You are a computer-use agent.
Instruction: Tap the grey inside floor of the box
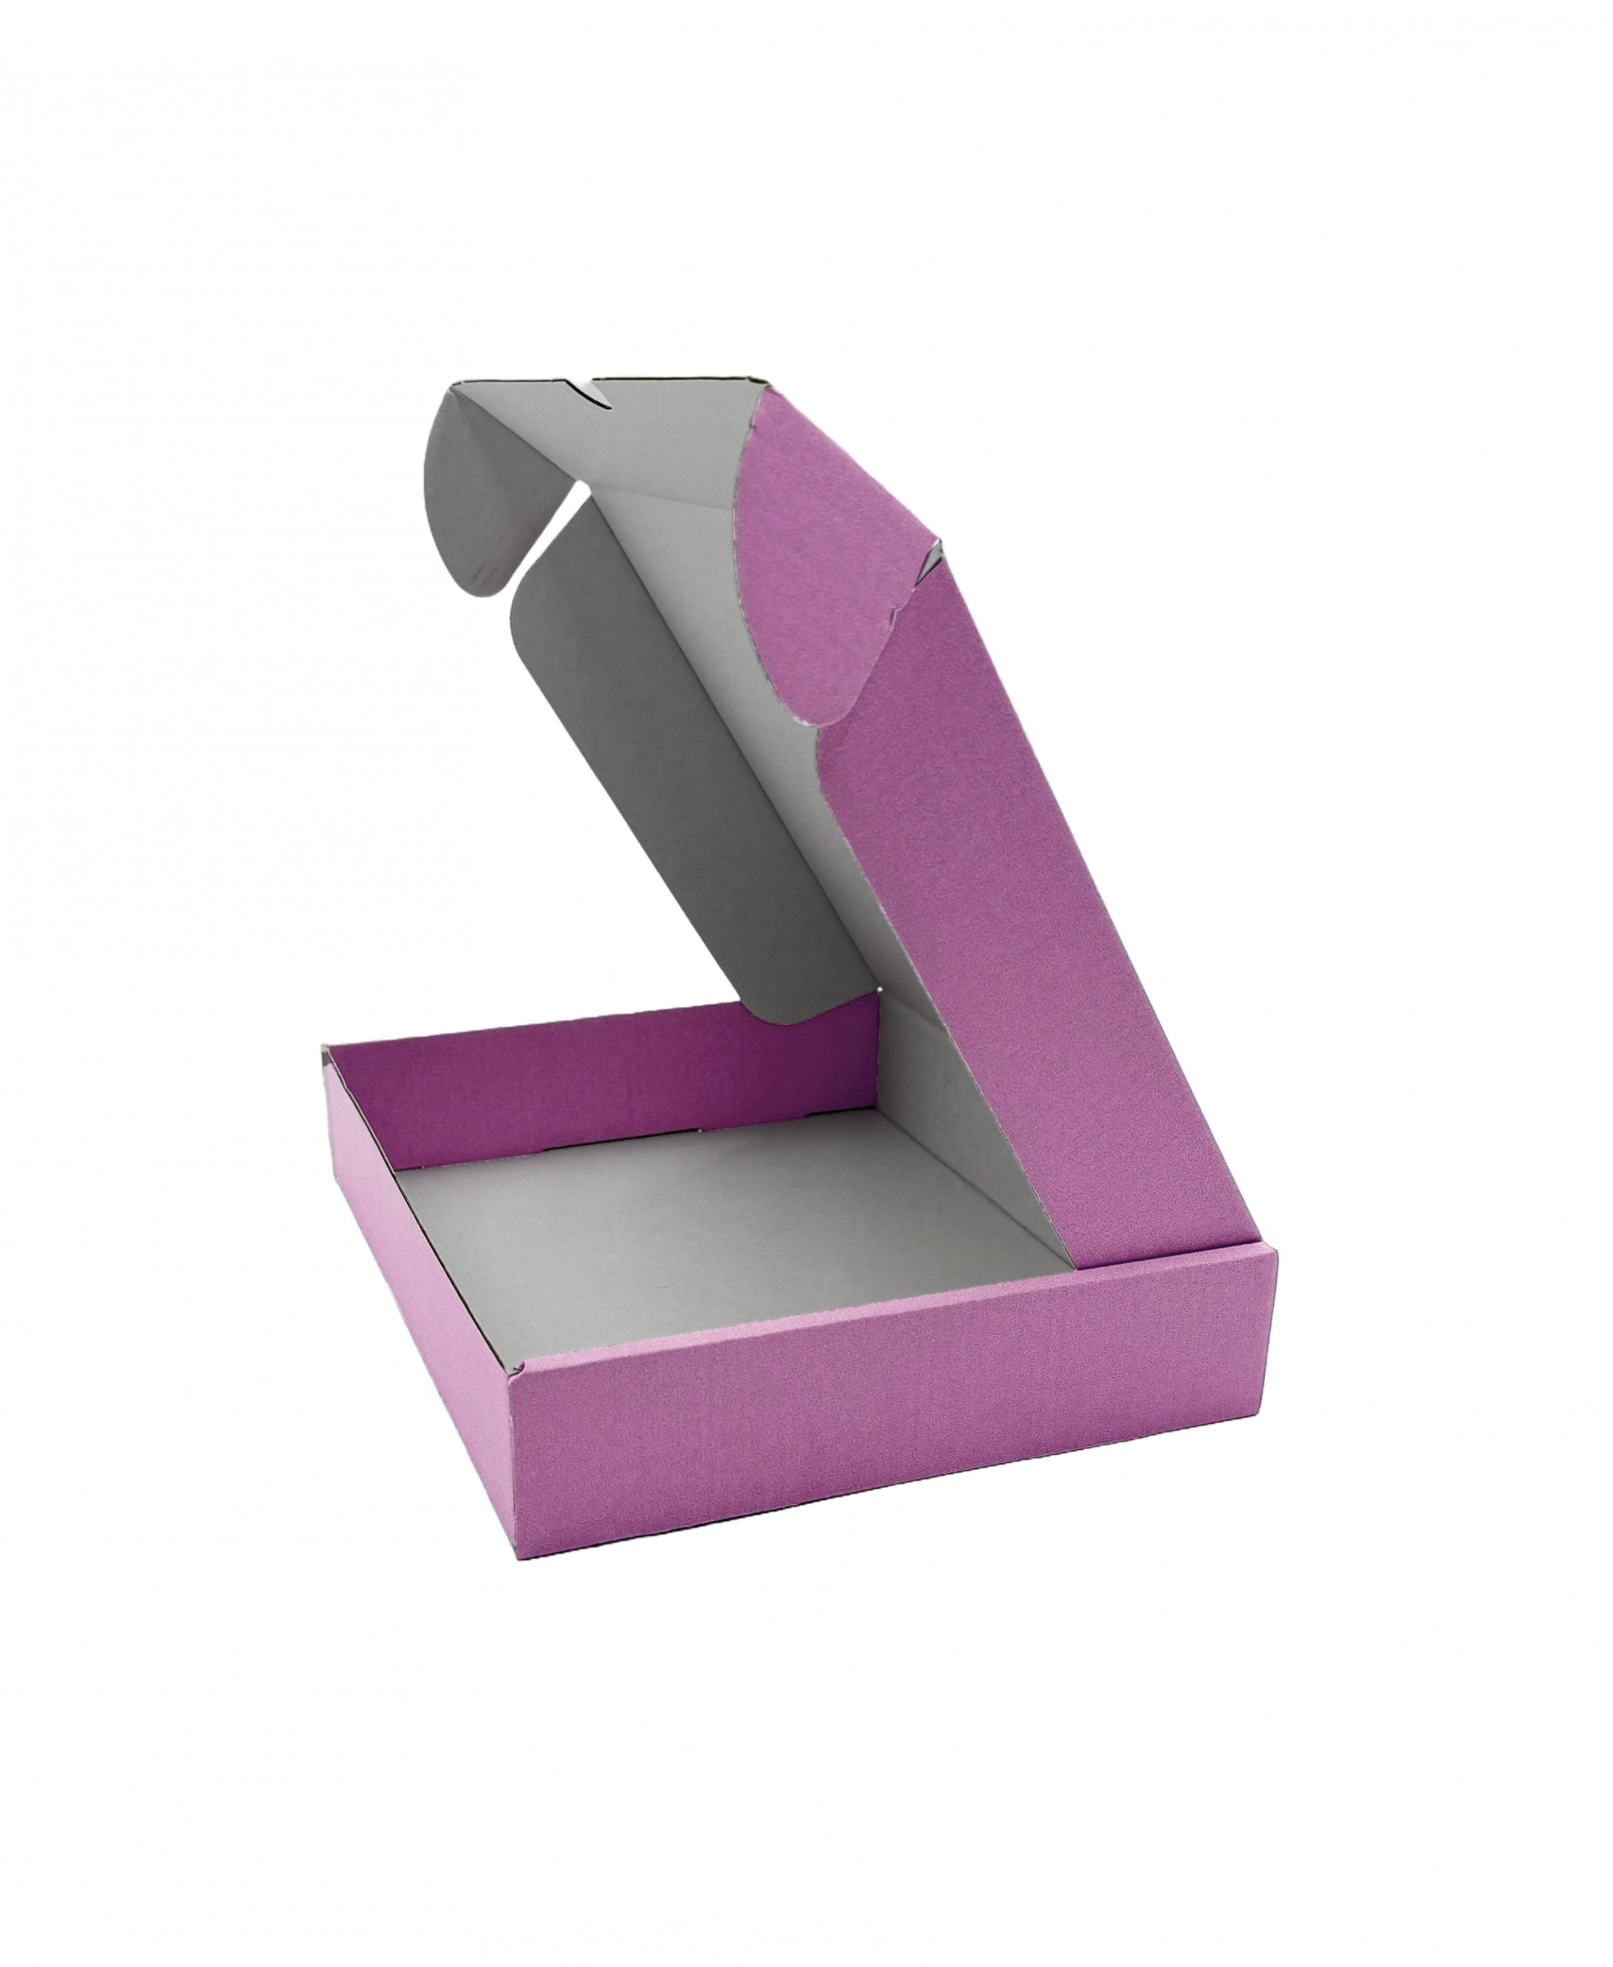click(x=725, y=1236)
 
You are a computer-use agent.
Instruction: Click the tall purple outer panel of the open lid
click(x=1004, y=929)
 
